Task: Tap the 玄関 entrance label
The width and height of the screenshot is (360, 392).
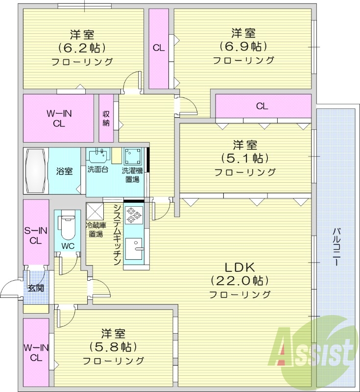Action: point(35,287)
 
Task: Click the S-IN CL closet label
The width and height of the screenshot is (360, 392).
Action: point(35,235)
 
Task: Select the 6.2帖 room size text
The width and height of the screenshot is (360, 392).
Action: point(82,48)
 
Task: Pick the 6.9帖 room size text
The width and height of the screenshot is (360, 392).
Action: point(243,47)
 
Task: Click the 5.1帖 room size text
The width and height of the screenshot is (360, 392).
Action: point(244,158)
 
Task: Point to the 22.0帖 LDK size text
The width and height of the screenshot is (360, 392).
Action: point(240,281)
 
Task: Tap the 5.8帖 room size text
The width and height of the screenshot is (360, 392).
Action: point(113,347)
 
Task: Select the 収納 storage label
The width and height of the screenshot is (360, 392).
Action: point(106,118)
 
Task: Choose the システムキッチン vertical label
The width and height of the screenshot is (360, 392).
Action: point(117,235)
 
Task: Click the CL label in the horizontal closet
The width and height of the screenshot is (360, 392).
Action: point(262,106)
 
